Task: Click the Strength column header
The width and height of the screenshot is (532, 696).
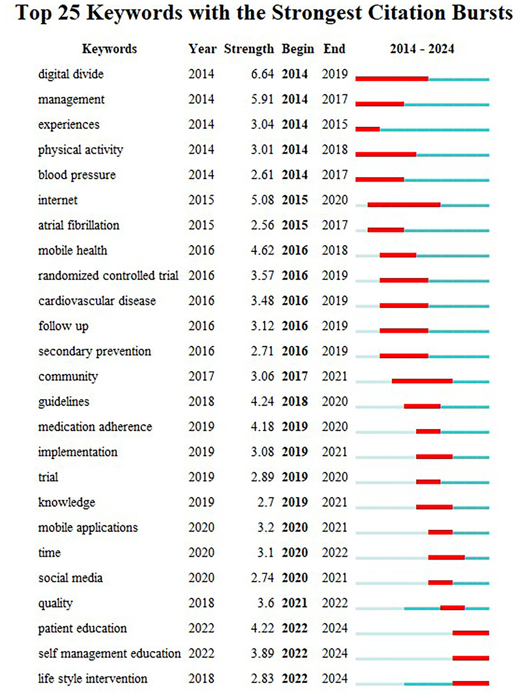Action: point(249,49)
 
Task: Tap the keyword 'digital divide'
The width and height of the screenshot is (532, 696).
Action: point(71,74)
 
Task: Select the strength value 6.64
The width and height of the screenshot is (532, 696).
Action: point(262,74)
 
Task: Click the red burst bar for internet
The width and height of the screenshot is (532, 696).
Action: point(404,205)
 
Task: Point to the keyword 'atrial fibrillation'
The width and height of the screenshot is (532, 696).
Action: point(79,225)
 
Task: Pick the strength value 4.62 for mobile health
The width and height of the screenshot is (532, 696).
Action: point(262,250)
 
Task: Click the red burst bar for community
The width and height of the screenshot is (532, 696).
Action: point(422,381)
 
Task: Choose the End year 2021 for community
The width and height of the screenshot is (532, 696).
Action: point(334,376)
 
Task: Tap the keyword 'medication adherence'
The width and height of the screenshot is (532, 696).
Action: point(95,427)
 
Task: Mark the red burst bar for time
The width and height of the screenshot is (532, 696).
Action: point(446,557)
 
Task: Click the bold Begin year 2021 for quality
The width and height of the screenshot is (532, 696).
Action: point(295,603)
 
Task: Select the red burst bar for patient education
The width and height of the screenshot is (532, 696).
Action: point(471,633)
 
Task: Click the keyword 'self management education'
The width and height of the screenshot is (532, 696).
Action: point(110,654)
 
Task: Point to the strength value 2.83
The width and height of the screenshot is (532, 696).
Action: point(262,679)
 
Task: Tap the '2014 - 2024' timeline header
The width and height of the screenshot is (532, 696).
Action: point(422,49)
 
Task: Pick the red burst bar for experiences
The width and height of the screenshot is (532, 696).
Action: point(368,129)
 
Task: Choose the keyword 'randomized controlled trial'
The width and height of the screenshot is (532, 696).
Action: point(108,276)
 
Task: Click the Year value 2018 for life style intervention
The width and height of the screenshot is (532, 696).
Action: point(201,679)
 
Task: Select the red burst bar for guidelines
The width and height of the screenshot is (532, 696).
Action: point(422,406)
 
